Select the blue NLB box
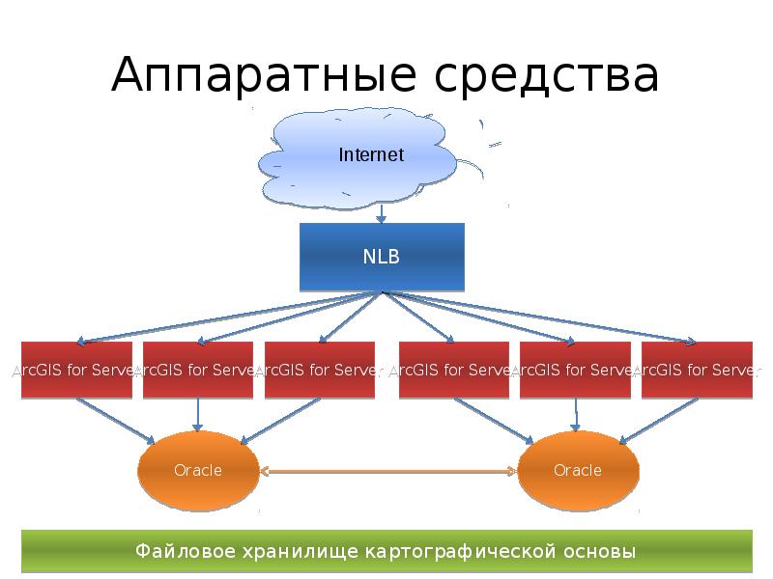coord(382,258)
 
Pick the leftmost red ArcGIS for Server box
coord(76,370)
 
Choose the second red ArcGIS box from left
coord(197,370)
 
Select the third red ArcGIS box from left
coord(319,370)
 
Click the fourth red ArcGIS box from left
coord(453,370)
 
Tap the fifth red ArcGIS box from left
coord(574,370)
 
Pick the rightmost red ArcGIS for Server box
coord(696,370)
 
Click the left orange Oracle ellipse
coord(198,471)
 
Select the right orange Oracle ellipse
coord(578,471)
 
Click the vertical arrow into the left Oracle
coord(198,415)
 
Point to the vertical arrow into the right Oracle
coord(576,415)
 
